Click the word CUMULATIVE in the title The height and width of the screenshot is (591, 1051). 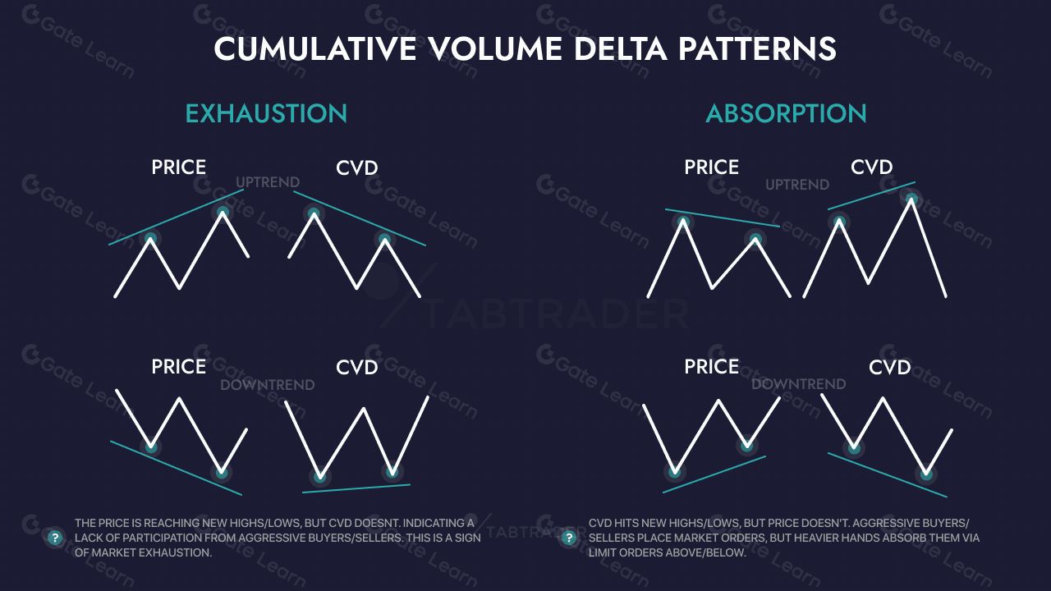coord(315,48)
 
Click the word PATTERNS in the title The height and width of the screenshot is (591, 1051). coord(757,48)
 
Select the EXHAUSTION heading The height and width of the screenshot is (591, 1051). coord(266,113)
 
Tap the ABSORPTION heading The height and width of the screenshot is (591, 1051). coord(786,113)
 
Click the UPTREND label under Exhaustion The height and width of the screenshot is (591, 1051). coord(268,182)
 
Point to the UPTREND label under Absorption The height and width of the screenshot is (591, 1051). coord(797,185)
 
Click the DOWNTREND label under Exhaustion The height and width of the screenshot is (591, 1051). coord(268,385)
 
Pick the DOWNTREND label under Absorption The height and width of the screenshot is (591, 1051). coord(799,384)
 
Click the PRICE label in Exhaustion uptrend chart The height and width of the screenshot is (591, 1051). coord(178,167)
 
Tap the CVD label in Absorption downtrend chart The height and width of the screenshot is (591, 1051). coord(889,367)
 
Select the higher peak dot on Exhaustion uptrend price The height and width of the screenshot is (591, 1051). coord(223,213)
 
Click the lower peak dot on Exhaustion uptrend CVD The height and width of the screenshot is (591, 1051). coord(384,240)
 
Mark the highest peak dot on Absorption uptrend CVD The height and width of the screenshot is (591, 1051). coord(911,199)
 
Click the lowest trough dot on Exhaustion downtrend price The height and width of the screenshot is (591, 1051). coord(222,472)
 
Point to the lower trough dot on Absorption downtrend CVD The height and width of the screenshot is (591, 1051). coord(926,474)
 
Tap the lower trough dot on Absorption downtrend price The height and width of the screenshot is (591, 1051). coord(675,472)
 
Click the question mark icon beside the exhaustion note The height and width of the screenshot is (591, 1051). coord(55,538)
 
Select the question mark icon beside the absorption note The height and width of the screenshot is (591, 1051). coord(569,538)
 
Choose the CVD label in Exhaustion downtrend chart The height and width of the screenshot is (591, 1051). coord(356,367)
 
